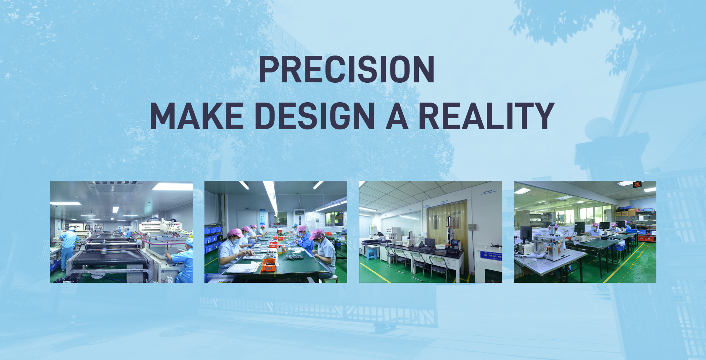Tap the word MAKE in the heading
(197, 116)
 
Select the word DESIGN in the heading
(314, 116)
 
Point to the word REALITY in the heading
(486, 116)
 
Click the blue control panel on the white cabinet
(491, 255)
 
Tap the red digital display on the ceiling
(637, 184)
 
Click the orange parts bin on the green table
(268, 265)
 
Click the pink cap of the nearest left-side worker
(234, 233)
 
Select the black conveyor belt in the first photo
(109, 257)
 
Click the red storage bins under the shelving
(646, 238)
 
